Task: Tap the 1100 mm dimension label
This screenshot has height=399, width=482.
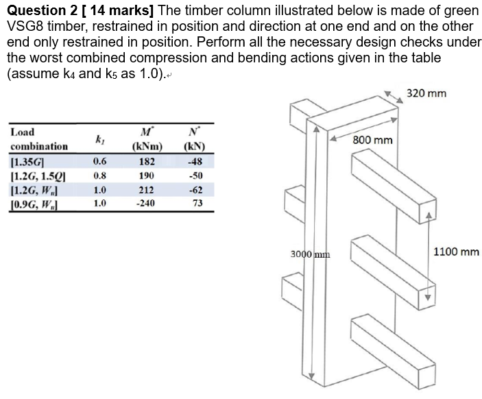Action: [x=457, y=252]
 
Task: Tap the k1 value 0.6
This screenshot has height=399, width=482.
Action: [x=99, y=162]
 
